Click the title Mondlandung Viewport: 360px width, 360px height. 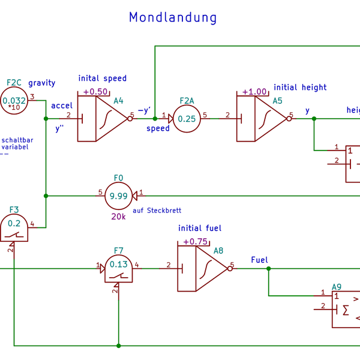pyautogui.click(x=173, y=17)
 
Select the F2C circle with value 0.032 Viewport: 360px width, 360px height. pyautogui.click(x=13, y=101)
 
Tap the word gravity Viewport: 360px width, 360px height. pyautogui.click(x=41, y=83)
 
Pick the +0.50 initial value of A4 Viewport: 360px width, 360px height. pyautogui.click(x=95, y=92)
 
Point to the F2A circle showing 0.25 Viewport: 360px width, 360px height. pyautogui.click(x=187, y=119)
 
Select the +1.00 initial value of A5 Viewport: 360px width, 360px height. pyautogui.click(x=254, y=92)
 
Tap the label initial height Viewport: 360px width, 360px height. pyautogui.click(x=300, y=88)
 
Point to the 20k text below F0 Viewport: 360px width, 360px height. pyautogui.click(x=118, y=217)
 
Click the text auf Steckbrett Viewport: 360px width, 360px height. pyautogui.click(x=157, y=211)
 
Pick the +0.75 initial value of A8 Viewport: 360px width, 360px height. pyautogui.click(x=195, y=242)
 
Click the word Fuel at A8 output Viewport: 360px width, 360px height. pyautogui.click(x=259, y=260)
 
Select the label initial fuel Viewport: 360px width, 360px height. pyautogui.click(x=200, y=228)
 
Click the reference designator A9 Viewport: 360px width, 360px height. pyautogui.click(x=337, y=287)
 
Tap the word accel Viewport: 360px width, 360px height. pyautogui.click(x=62, y=106)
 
